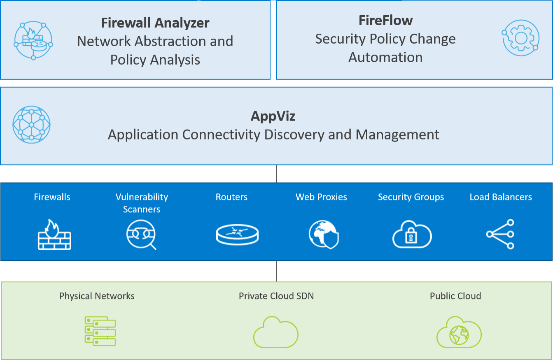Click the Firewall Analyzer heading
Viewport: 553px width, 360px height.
click(x=155, y=23)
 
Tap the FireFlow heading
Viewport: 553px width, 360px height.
click(x=385, y=20)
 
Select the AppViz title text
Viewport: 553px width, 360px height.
click(x=273, y=116)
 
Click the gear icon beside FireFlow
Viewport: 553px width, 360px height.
click(x=520, y=38)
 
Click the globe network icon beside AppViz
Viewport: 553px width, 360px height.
click(x=32, y=124)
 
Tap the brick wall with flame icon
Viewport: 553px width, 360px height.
click(x=54, y=235)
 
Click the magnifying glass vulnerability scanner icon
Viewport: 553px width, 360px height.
click(x=141, y=235)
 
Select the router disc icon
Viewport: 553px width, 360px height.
click(x=237, y=235)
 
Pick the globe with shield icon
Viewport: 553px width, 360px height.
click(x=323, y=234)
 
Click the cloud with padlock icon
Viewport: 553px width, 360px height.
click(x=411, y=235)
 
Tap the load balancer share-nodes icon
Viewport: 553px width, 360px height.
click(x=501, y=234)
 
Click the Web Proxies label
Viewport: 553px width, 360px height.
click(x=321, y=197)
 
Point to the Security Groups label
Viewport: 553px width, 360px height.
click(x=411, y=197)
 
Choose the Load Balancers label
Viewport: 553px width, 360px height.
click(x=501, y=197)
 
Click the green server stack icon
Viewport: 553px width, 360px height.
click(x=100, y=331)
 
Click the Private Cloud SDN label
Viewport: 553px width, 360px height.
click(x=276, y=296)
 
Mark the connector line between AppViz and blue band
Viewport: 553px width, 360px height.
click(x=276, y=174)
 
